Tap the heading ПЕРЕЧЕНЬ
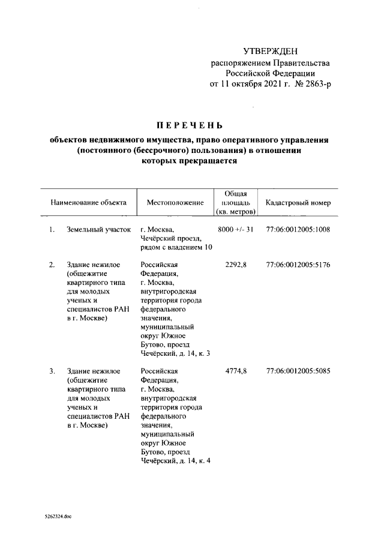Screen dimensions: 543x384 pyautogui.click(x=190, y=125)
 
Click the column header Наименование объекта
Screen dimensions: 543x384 pyautogui.click(x=88, y=203)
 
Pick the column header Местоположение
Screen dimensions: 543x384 pyautogui.click(x=175, y=203)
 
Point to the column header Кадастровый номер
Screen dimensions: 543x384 pyautogui.click(x=298, y=203)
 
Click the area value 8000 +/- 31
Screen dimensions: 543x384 pyautogui.click(x=236, y=230)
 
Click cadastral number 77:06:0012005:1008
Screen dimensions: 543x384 pyautogui.click(x=298, y=230)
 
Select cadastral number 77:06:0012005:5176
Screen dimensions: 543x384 pyautogui.click(x=298, y=265)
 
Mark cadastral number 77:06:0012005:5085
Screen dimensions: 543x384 pyautogui.click(x=298, y=371)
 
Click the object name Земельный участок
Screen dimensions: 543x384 pyautogui.click(x=98, y=230)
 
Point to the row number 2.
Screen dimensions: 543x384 pyautogui.click(x=52, y=265)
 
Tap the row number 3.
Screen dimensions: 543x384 pyautogui.click(x=52, y=371)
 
